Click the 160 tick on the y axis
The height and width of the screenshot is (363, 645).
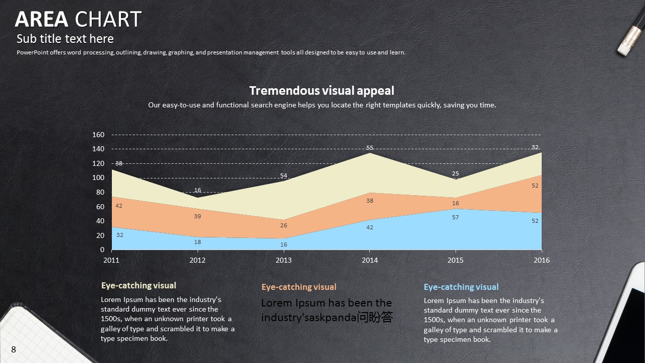[98, 135]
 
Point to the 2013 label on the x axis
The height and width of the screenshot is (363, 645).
[283, 260]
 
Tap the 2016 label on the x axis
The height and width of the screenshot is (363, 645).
[542, 260]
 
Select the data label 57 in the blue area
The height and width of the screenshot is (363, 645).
[456, 217]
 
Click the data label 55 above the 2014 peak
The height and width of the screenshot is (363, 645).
[370, 148]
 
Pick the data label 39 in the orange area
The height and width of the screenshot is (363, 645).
[198, 216]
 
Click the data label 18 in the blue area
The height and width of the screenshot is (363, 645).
[198, 242]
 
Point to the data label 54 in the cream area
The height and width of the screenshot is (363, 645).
[284, 175]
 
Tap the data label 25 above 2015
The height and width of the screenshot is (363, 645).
[456, 173]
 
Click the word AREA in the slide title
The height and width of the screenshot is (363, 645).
[41, 19]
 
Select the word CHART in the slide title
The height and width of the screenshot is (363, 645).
[108, 19]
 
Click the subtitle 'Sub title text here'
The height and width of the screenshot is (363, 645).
[65, 39]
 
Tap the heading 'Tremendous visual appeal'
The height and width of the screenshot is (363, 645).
[321, 91]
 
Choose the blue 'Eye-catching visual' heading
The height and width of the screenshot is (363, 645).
[461, 287]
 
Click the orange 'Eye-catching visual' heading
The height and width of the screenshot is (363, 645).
[299, 287]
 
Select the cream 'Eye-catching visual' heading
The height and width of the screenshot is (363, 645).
[139, 285]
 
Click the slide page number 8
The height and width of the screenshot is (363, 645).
[14, 349]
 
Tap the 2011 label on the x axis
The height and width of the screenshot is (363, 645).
[111, 260]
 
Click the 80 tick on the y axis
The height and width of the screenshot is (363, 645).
[100, 192]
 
